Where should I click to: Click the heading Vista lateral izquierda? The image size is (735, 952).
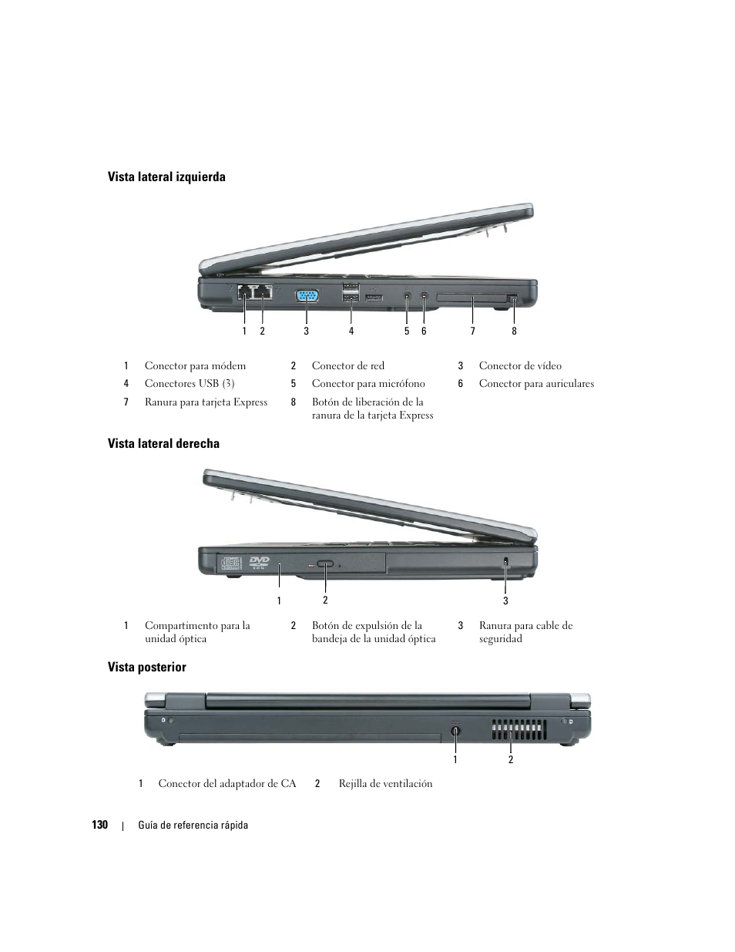click(x=166, y=177)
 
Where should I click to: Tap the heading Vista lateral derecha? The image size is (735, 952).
click(x=163, y=444)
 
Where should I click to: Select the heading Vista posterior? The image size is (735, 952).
click(x=146, y=668)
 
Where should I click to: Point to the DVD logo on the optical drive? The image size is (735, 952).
click(x=259, y=563)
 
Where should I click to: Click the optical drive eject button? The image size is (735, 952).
click(x=326, y=564)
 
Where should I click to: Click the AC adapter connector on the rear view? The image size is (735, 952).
click(x=455, y=730)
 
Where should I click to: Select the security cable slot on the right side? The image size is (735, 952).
click(x=505, y=563)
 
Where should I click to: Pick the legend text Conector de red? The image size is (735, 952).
click(x=347, y=366)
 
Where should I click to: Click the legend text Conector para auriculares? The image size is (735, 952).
click(x=536, y=384)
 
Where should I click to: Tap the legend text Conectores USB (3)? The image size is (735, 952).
click(x=190, y=384)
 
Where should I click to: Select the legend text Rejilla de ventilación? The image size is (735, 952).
click(x=385, y=784)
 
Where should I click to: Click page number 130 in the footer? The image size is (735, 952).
click(x=99, y=825)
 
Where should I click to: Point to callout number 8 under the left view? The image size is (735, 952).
click(x=514, y=331)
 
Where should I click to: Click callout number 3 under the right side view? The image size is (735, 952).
click(x=505, y=601)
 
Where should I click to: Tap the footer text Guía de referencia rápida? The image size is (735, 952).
click(x=193, y=826)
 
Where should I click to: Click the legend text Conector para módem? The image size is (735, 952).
click(x=195, y=366)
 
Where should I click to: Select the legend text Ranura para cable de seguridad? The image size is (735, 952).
click(x=525, y=632)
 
